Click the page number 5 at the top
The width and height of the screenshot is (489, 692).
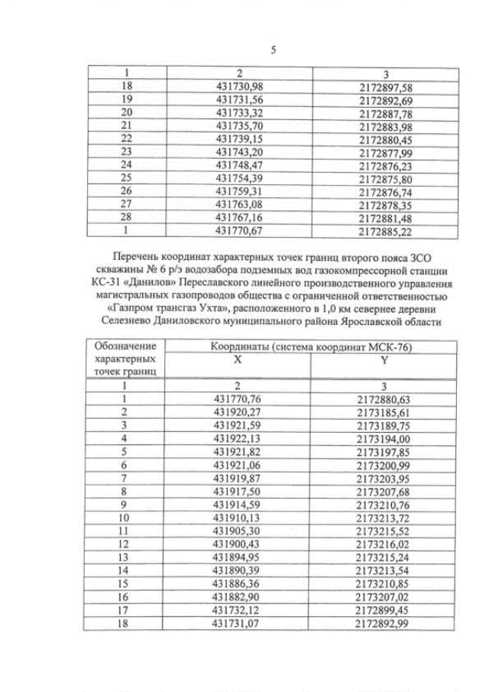pos(274,51)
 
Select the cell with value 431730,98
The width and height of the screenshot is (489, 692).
pos(239,87)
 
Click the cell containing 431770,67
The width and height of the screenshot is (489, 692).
pos(239,229)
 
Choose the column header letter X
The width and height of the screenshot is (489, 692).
pos(238,358)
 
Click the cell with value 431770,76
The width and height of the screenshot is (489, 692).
pos(238,398)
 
